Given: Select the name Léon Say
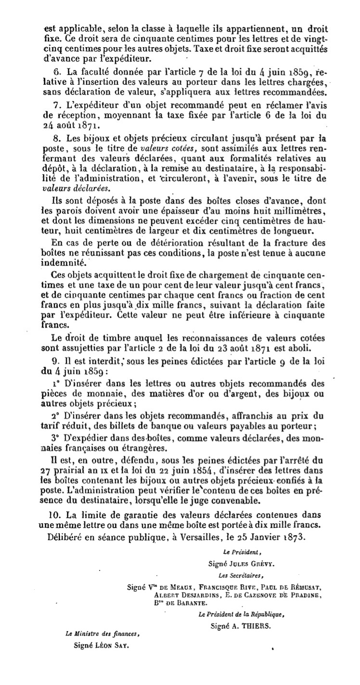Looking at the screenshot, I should (x=115, y=646).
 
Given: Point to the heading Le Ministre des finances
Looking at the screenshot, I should (x=103, y=634).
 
